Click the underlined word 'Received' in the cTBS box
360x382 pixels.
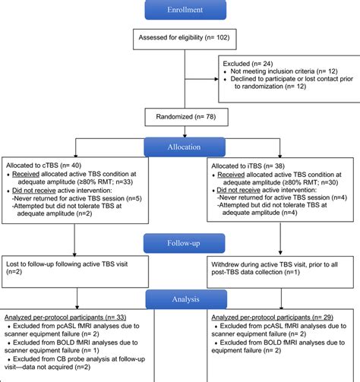[x=27, y=175]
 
